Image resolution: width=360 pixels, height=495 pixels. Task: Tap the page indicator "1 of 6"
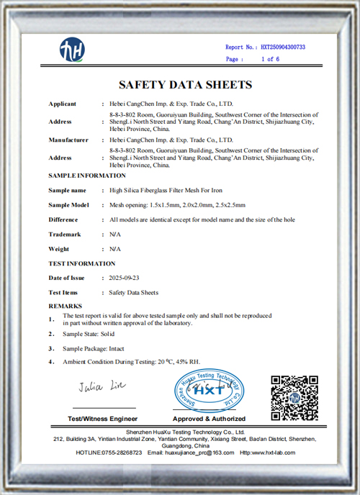pyautogui.click(x=270, y=59)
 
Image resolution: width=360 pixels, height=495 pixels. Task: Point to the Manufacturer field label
pyautogui.click(x=68, y=140)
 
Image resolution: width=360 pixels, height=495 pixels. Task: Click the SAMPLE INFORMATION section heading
pyautogui.click(x=87, y=176)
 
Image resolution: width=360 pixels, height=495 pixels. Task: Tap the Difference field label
pyautogui.click(x=63, y=219)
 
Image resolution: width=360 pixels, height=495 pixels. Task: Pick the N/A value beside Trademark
pyautogui.click(x=114, y=235)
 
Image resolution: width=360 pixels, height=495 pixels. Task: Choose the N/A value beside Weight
pyautogui.click(x=114, y=249)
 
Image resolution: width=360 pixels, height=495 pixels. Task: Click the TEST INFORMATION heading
pyautogui.click(x=81, y=264)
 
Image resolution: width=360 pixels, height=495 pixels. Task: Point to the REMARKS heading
pyautogui.click(x=65, y=306)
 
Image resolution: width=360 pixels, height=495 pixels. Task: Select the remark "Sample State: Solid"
pyautogui.click(x=89, y=335)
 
